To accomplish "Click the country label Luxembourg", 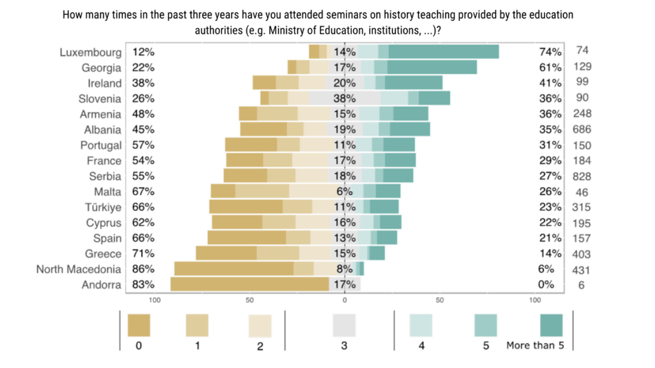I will tap(90, 52).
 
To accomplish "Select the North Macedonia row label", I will tap(78, 269).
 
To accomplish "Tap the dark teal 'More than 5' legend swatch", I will tap(551, 325).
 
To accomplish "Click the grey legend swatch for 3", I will tap(344, 325).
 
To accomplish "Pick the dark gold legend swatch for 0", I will tap(139, 325).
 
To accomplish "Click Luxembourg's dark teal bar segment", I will tap(443, 52).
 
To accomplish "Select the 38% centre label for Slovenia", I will tap(344, 98).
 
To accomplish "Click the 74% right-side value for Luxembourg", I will tap(550, 52).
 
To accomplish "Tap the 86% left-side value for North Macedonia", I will tap(143, 269).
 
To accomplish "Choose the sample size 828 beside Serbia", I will tap(582, 177).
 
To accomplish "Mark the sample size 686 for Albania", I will tap(582, 129).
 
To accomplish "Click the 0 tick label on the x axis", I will tap(345, 300).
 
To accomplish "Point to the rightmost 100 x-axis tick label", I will tap(535, 300).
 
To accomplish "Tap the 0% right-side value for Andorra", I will tap(546, 285).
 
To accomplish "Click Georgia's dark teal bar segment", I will tap(432, 67).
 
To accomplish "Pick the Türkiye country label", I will tap(103, 207).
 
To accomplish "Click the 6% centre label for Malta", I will tap(344, 191).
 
